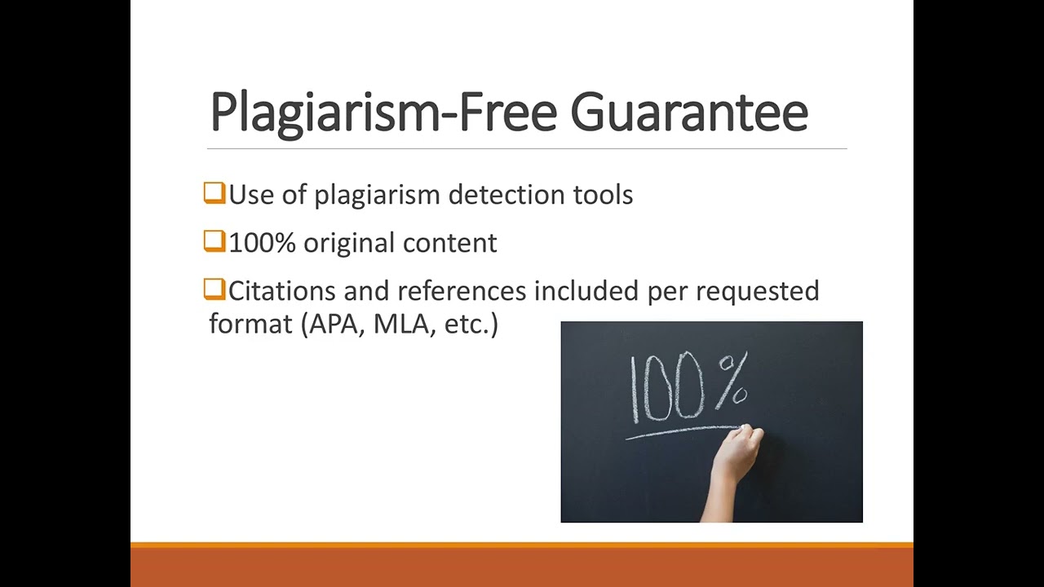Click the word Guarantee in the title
tap(688, 113)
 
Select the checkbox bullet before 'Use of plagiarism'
tap(215, 193)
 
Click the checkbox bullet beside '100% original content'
tap(215, 241)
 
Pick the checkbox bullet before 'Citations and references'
tap(215, 289)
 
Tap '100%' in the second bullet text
tap(262, 242)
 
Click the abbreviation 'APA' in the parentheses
tap(337, 324)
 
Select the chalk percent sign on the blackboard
tap(732, 382)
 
